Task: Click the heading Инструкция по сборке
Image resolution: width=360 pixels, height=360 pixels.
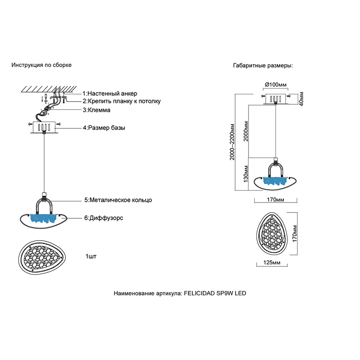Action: point(41,65)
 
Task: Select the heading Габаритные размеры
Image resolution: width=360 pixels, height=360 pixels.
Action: point(263,66)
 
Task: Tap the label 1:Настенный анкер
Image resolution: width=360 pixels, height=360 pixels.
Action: point(109,94)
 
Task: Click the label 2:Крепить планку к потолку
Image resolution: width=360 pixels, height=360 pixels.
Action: point(121,101)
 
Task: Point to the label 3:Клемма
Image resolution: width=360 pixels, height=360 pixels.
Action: point(96,110)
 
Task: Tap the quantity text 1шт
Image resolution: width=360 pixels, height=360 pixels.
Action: point(91,256)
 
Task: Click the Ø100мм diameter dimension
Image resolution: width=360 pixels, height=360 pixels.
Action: point(276,85)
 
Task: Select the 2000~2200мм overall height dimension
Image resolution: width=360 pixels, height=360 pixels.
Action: point(233,142)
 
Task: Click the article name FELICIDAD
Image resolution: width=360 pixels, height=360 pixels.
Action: point(199,293)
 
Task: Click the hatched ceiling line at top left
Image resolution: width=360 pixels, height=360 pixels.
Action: point(49,88)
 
